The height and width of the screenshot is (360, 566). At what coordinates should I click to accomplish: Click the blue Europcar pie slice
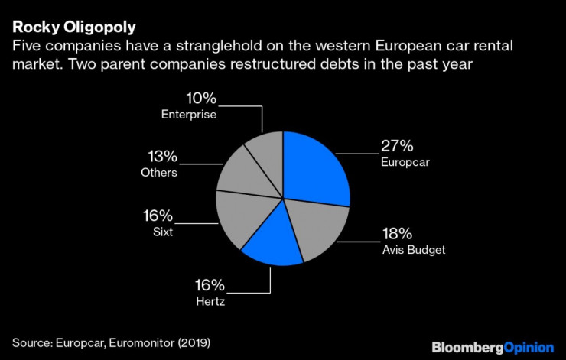click(315, 168)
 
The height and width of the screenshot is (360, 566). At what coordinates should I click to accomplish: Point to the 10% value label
click(200, 99)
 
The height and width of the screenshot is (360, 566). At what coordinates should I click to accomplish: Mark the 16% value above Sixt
click(159, 215)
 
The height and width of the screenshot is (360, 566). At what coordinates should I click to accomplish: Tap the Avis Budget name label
click(413, 250)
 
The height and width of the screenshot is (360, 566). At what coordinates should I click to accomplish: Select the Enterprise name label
click(189, 115)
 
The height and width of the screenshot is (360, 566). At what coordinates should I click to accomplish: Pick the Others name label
click(159, 173)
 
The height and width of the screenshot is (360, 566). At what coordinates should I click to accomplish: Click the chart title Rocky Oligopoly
click(74, 28)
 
